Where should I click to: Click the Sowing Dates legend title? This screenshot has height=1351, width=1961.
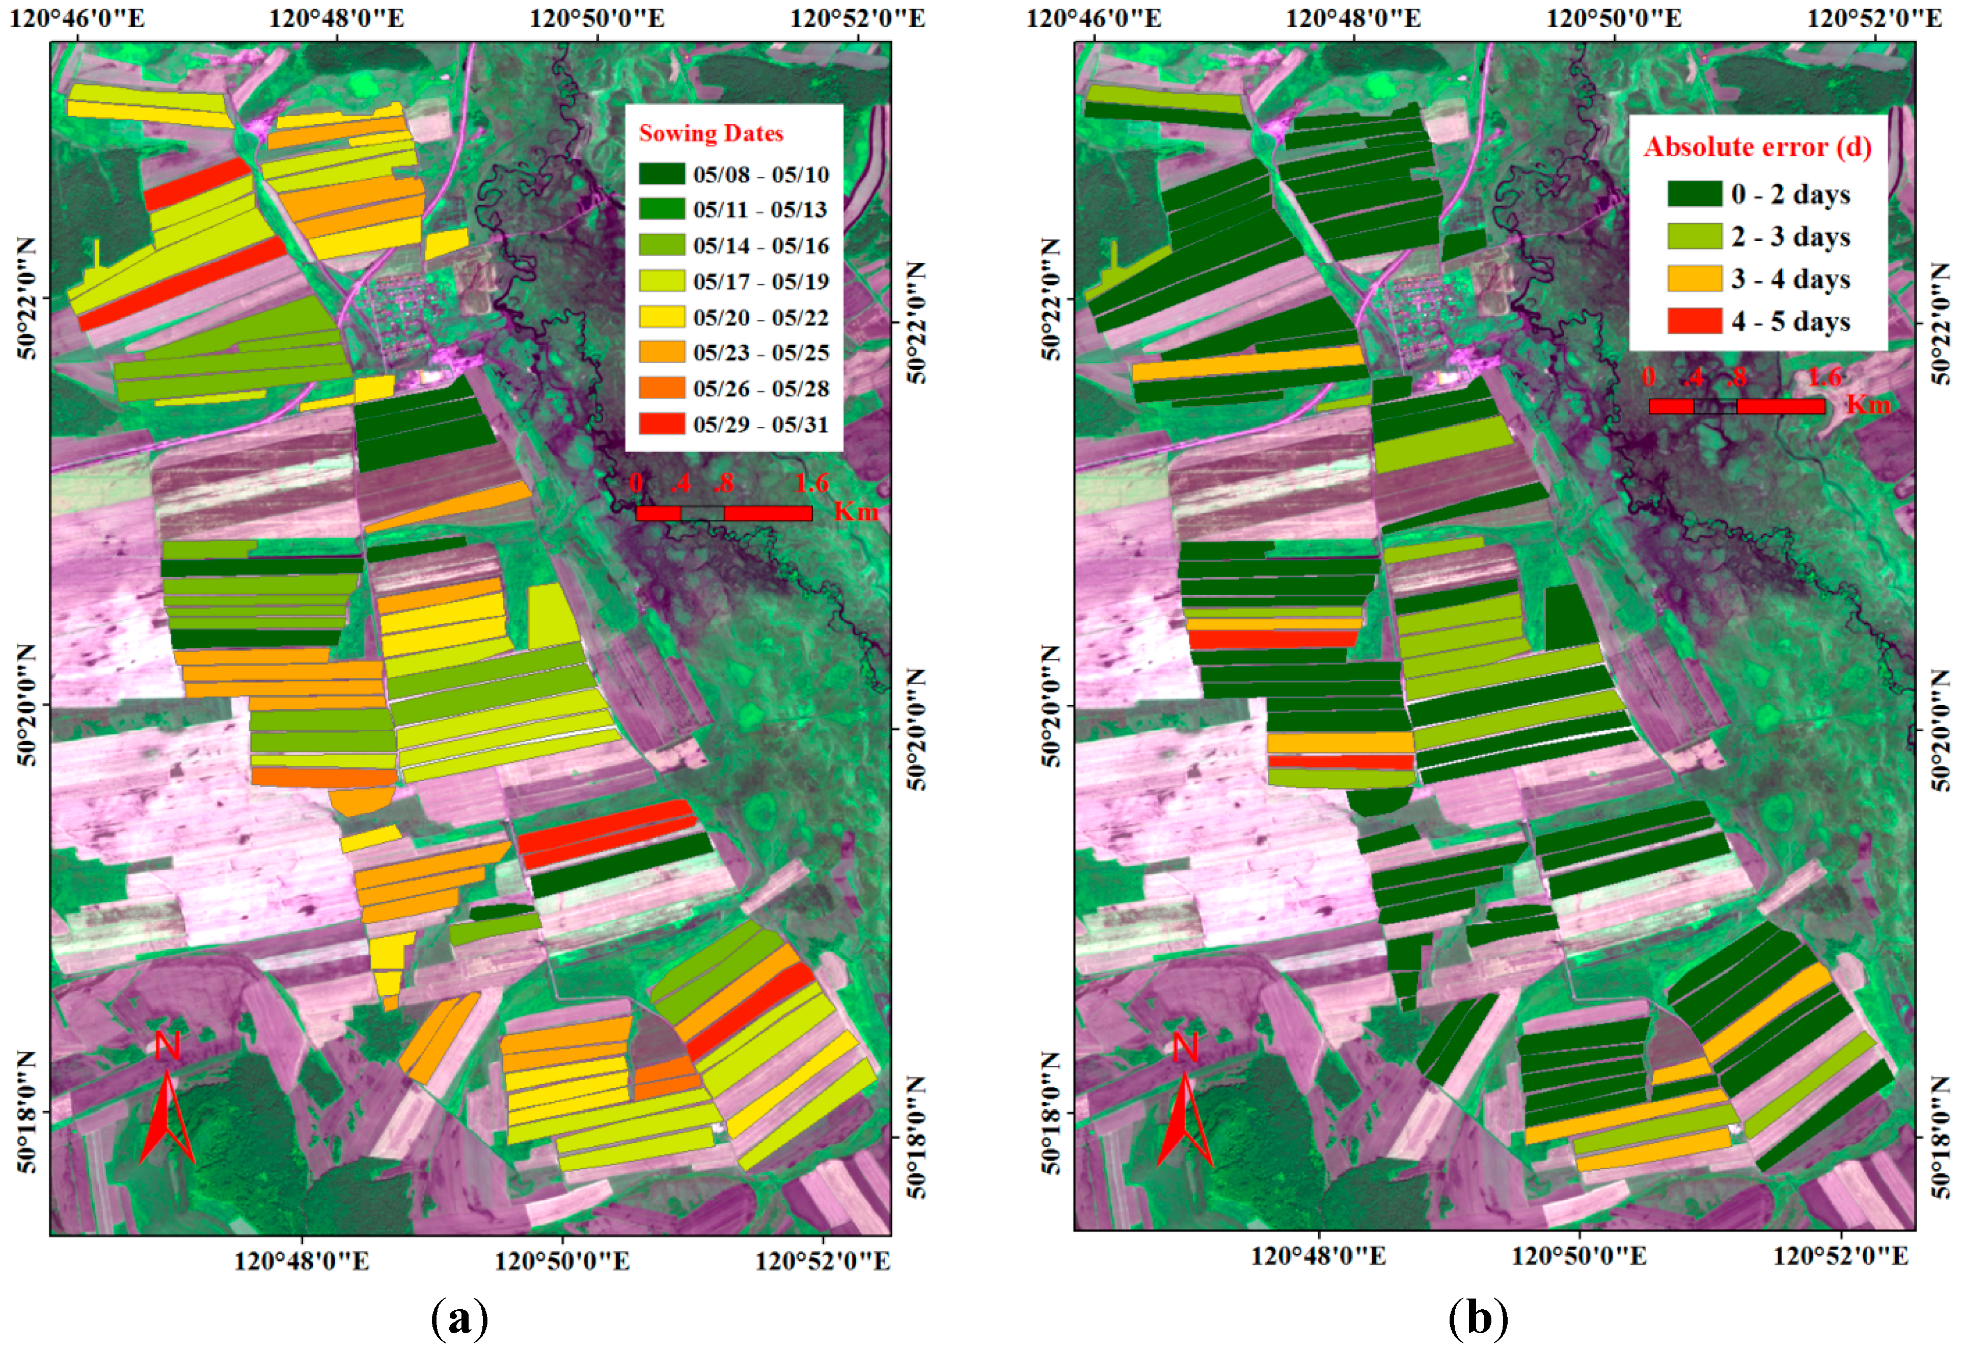(711, 134)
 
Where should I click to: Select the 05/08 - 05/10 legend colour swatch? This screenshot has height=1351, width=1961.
(661, 174)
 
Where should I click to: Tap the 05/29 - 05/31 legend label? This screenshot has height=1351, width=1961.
(760, 424)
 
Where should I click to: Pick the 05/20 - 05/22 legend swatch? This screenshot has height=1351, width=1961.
(661, 317)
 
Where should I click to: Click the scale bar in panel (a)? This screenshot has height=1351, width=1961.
(724, 513)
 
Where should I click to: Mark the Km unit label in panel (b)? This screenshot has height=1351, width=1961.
(1868, 405)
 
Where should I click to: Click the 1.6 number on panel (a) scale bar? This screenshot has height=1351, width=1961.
(811, 483)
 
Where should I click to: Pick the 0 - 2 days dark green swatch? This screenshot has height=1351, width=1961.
(1694, 194)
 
